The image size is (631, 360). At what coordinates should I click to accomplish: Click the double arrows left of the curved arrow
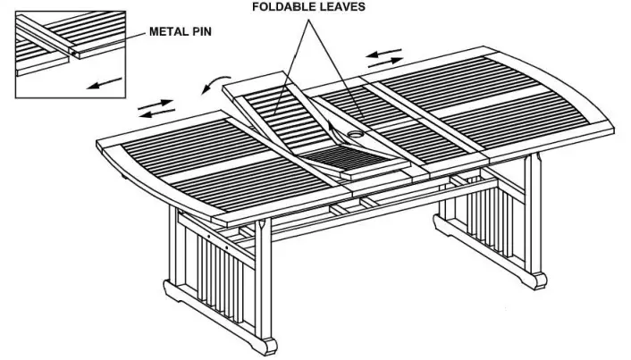(x=156, y=109)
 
